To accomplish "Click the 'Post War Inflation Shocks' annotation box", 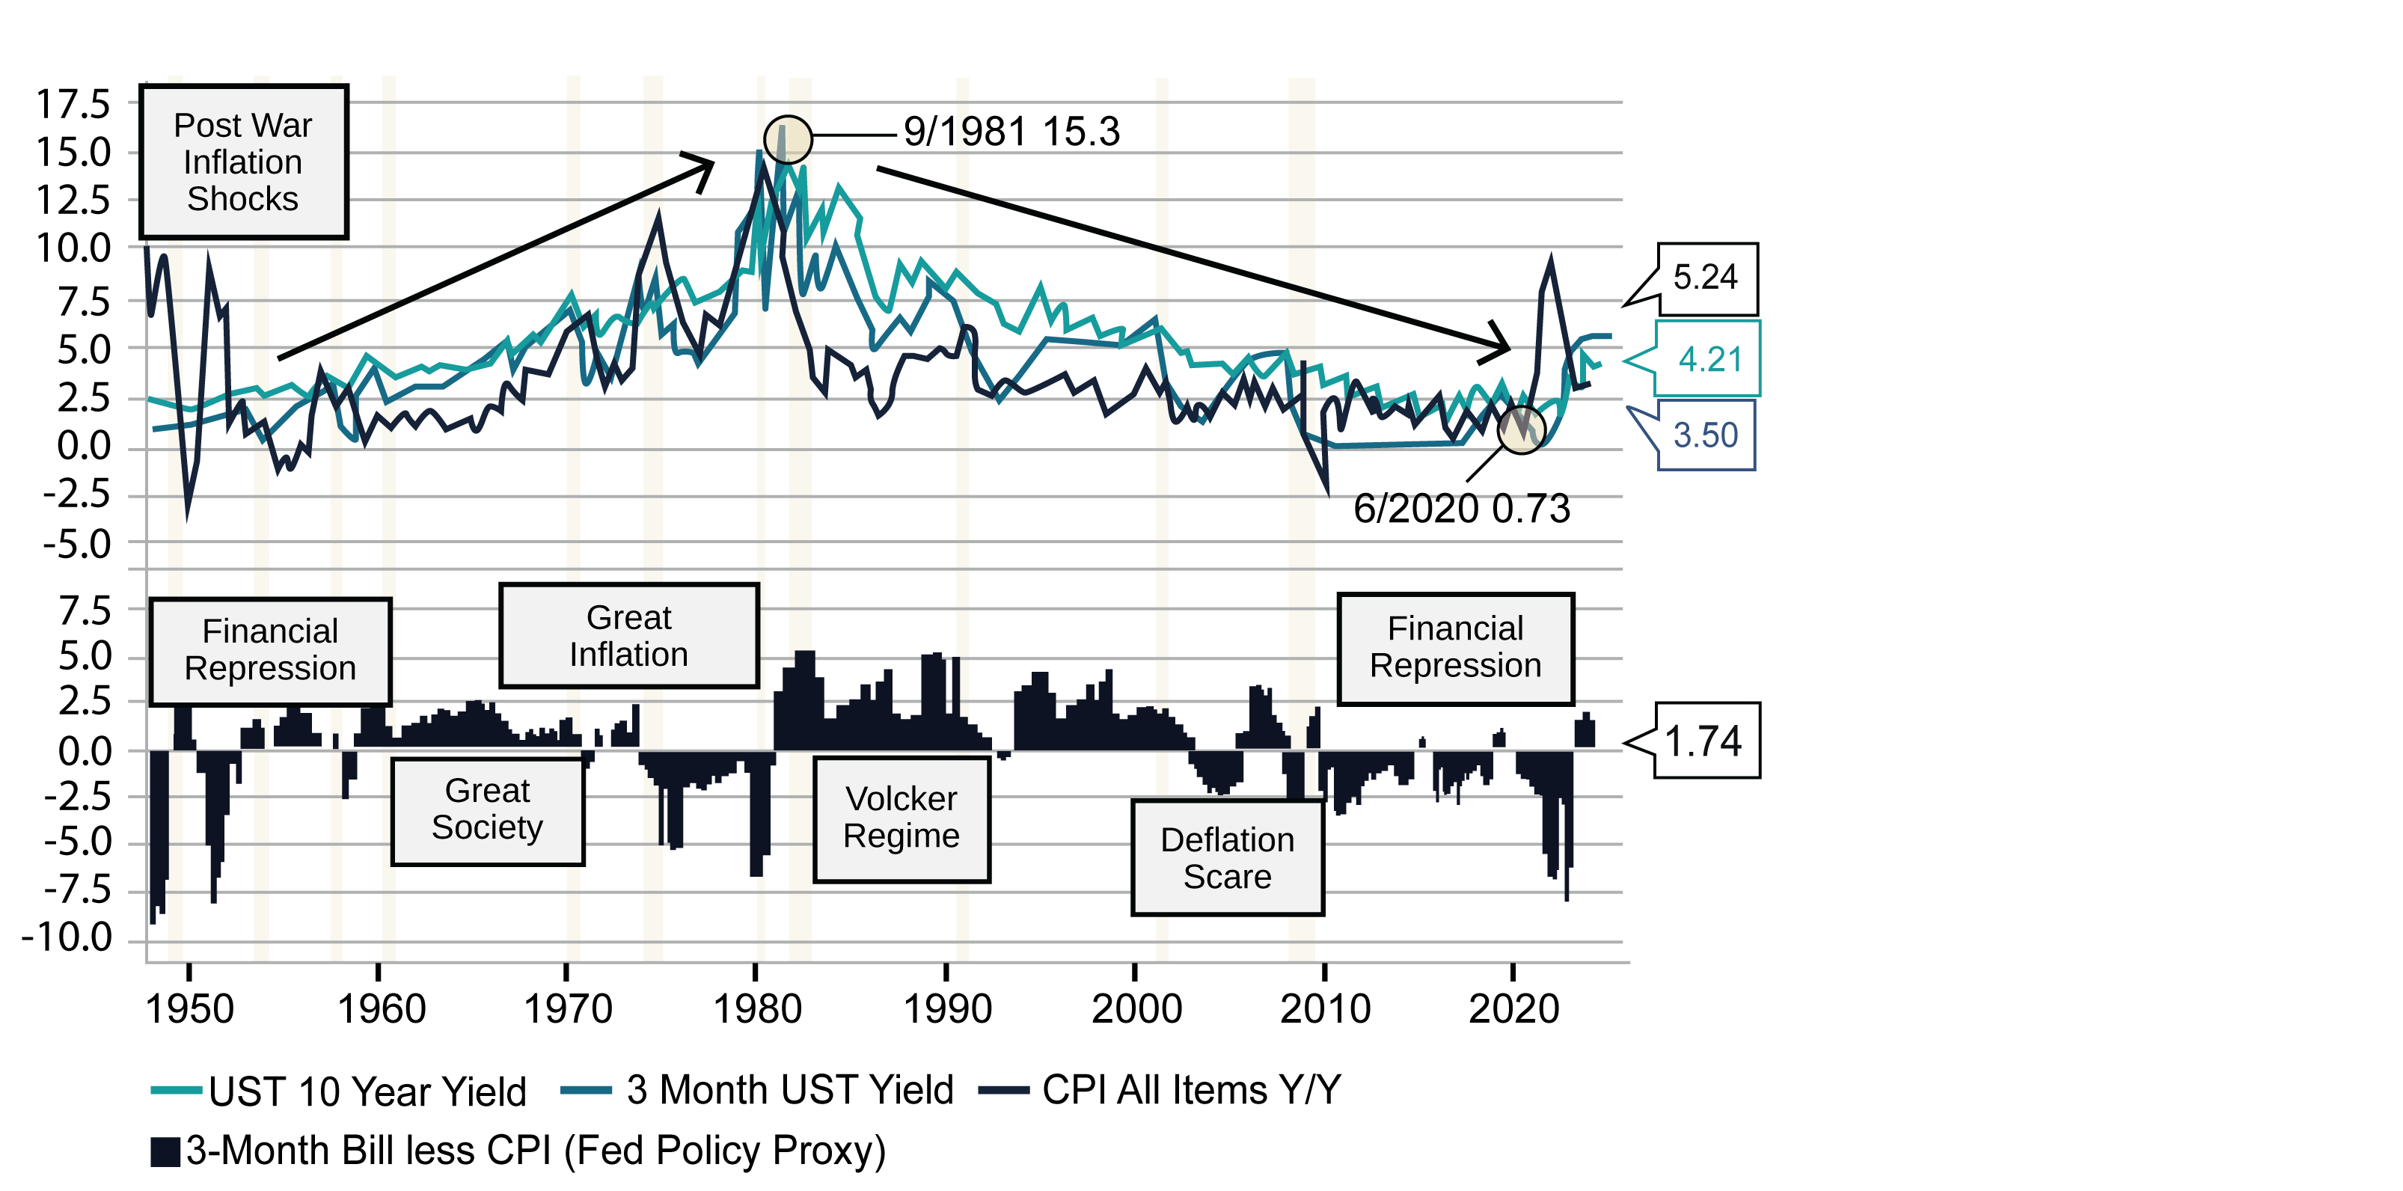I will (242, 162).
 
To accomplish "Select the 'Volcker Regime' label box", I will (901, 818).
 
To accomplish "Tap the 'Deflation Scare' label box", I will (1227, 858).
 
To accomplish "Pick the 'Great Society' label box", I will (487, 809).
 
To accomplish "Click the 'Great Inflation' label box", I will (628, 636).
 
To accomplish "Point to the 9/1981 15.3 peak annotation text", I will (1011, 132).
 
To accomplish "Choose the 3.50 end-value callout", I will (1705, 435).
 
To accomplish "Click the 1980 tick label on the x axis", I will (756, 1009).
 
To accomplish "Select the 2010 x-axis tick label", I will (1325, 1009).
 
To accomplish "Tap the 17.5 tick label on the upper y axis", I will (73, 105).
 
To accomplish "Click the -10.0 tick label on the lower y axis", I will (67, 937).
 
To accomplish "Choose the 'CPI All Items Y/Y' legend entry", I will (1161, 1090).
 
